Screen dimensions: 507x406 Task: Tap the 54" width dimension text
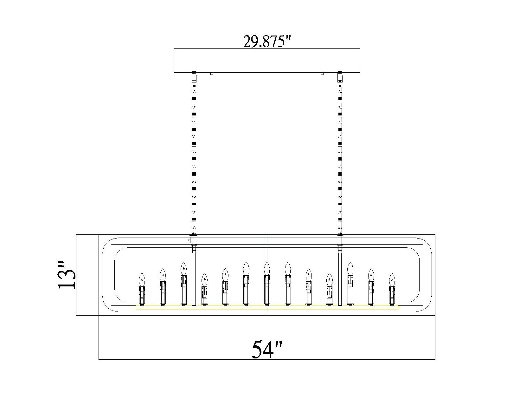267,350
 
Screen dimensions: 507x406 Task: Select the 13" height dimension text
67,275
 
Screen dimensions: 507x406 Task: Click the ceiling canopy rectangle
267,60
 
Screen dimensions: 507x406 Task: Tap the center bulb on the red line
267,268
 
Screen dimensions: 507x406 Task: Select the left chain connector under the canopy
194,76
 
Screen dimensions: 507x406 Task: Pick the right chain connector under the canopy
340,76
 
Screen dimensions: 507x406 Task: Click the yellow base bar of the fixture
267,307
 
